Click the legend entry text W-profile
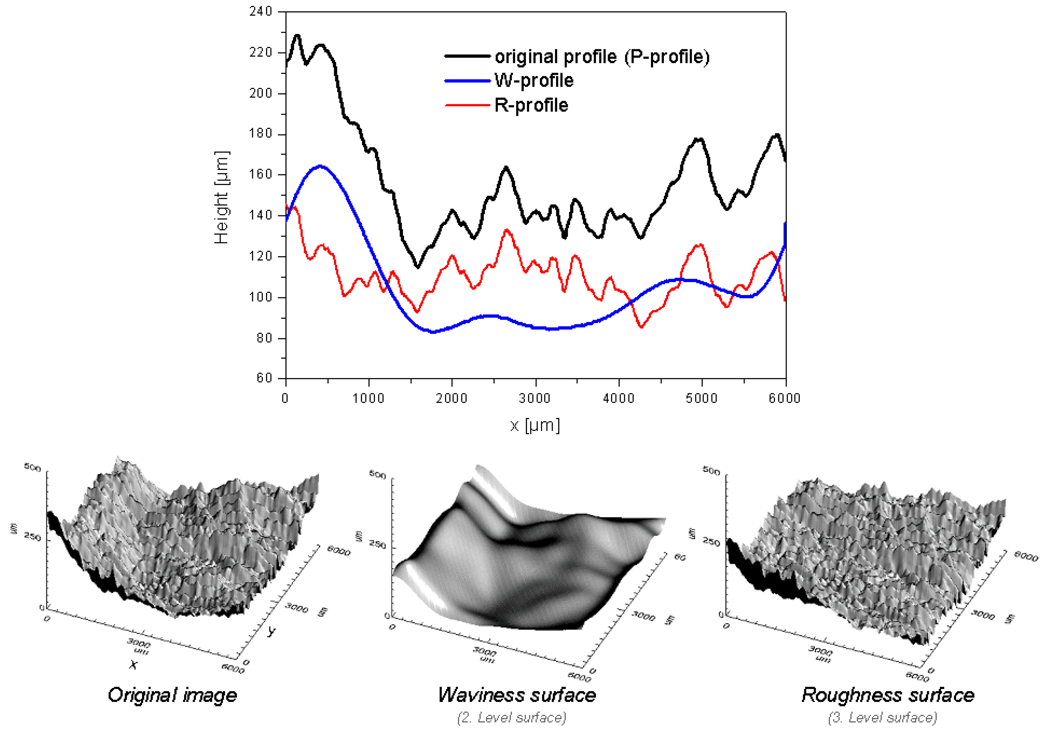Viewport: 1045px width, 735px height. (534, 80)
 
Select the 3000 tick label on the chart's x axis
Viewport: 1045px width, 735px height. (535, 399)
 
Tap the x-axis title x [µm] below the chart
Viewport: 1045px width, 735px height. (535, 425)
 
